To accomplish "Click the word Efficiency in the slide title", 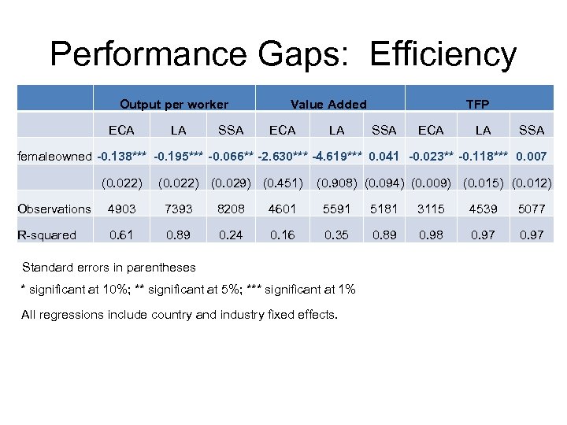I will pyautogui.click(x=443, y=56).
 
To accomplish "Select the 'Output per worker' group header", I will pyautogui.click(x=174, y=104).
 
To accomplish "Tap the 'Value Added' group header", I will pyautogui.click(x=328, y=104).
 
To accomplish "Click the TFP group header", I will pyautogui.click(x=477, y=104).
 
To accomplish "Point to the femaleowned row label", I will pyautogui.click(x=54, y=156).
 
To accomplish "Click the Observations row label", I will pyautogui.click(x=54, y=209).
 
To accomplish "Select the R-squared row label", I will pyautogui.click(x=47, y=235).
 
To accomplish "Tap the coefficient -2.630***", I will pyautogui.click(x=283, y=156).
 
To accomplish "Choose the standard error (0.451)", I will pyautogui.click(x=283, y=183).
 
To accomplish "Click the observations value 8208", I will pyautogui.click(x=231, y=209).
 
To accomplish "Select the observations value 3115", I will pyautogui.click(x=431, y=209).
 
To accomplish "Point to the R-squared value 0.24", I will pyautogui.click(x=231, y=235).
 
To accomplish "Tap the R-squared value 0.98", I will pyautogui.click(x=431, y=235).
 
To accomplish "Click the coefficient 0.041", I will pyautogui.click(x=383, y=156).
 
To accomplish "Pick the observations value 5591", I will pyautogui.click(x=336, y=209).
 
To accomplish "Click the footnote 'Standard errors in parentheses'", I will pyautogui.click(x=109, y=266).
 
